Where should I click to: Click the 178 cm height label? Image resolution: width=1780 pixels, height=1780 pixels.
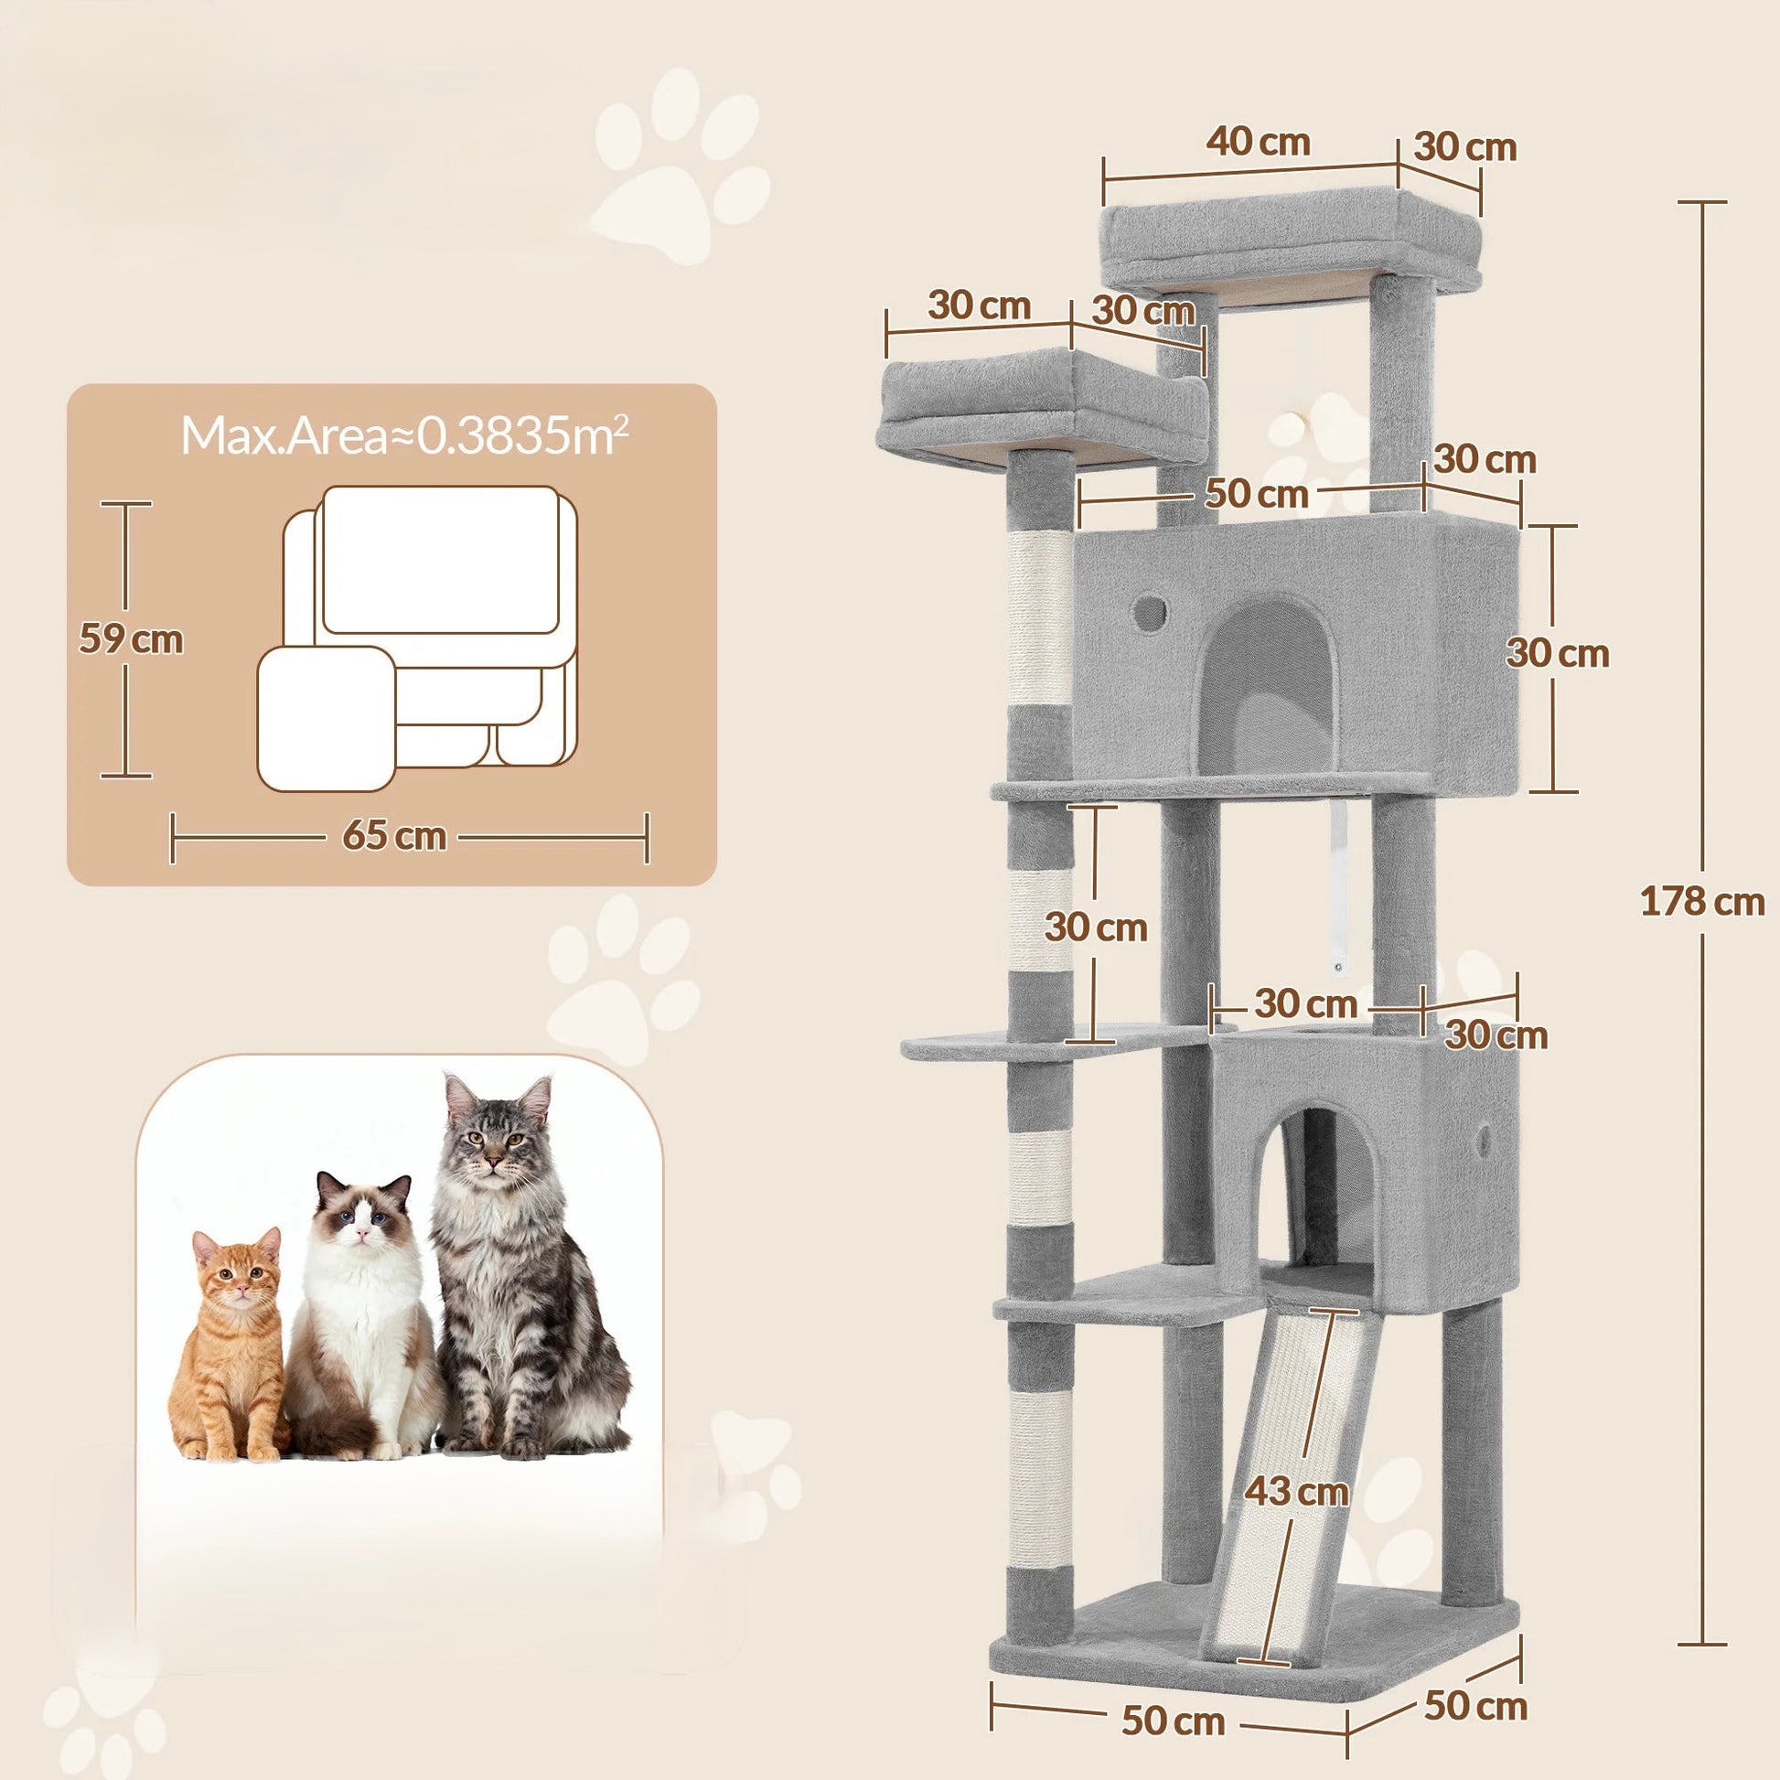(x=1700, y=901)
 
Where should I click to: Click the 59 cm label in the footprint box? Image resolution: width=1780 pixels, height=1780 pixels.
(x=130, y=638)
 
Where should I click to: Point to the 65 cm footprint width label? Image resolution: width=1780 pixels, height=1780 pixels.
(x=394, y=837)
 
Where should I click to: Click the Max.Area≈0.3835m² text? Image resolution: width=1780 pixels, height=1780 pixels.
(x=404, y=435)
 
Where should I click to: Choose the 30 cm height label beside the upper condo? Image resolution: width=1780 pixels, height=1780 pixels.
(x=1558, y=653)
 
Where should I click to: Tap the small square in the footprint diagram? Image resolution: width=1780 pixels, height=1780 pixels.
(x=327, y=718)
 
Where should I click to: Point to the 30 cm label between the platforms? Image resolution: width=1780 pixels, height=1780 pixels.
(x=1096, y=927)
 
